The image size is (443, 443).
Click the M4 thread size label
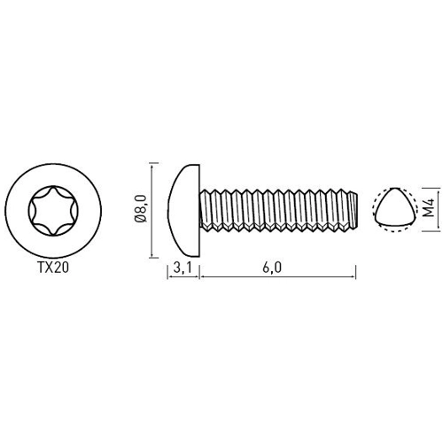(x=428, y=209)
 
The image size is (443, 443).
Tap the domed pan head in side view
(x=183, y=207)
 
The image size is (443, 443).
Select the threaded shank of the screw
(x=275, y=209)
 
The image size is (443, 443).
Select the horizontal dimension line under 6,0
(x=277, y=277)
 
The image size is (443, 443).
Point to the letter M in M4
(x=428, y=214)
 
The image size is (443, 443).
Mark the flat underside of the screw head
(x=201, y=209)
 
